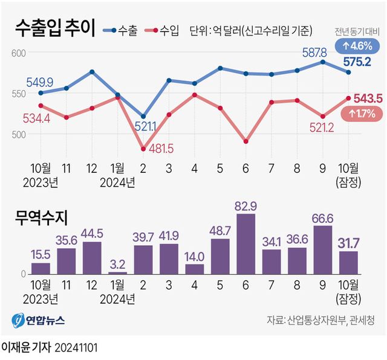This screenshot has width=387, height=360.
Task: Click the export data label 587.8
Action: click(314, 53)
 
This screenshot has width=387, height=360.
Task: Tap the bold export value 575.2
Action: click(357, 61)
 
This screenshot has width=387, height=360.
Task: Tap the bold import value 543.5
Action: click(367, 98)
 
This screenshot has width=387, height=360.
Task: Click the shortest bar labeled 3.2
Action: click(117, 272)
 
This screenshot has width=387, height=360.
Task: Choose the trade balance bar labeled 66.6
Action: click(323, 249)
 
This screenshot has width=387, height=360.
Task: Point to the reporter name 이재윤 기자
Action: click(26, 349)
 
